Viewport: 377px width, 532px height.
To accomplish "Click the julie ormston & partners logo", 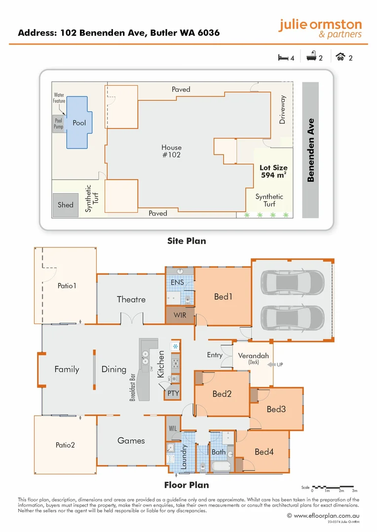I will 320,29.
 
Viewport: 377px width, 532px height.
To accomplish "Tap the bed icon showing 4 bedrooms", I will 283,58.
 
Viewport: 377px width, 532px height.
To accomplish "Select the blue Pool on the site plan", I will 78,122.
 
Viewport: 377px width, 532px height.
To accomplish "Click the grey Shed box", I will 65,205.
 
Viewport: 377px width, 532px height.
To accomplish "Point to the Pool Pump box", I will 58,123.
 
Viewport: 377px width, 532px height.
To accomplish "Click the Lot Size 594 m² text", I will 273,171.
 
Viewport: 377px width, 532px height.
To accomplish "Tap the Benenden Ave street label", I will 310,150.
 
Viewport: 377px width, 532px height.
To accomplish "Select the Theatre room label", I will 131,299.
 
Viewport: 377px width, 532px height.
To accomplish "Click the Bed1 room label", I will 223,297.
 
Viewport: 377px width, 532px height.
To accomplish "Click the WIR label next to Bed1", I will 180,315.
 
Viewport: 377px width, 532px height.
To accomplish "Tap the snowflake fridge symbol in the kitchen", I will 175,347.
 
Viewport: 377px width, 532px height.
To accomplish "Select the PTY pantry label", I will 173,394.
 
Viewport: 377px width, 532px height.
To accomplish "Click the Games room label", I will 131,440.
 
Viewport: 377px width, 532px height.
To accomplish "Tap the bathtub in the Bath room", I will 220,467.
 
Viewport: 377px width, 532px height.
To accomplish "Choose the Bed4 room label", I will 264,452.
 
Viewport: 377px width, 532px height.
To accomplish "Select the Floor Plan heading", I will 186,485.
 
